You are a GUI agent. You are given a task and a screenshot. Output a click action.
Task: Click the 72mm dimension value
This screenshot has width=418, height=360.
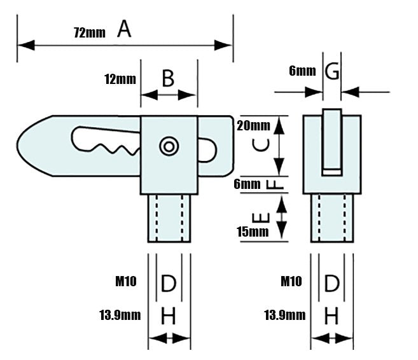point(90,32)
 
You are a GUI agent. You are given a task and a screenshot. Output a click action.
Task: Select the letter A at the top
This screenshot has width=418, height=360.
point(124,29)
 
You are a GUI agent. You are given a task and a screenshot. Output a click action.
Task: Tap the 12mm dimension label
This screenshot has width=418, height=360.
point(120,79)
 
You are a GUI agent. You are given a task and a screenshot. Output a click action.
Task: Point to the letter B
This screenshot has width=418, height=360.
point(168,78)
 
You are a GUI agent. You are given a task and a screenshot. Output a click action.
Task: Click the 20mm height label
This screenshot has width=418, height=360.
point(253,125)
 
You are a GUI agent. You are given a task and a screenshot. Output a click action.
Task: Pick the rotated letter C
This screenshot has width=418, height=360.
point(261,145)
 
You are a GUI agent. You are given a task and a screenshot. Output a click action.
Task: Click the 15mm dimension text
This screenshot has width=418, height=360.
point(253,232)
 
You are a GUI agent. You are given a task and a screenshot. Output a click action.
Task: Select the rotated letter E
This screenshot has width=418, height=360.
point(261,218)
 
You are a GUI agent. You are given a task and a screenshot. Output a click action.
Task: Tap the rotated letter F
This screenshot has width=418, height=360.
point(275,184)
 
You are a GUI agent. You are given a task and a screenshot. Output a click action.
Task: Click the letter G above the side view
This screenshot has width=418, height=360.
point(332,71)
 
